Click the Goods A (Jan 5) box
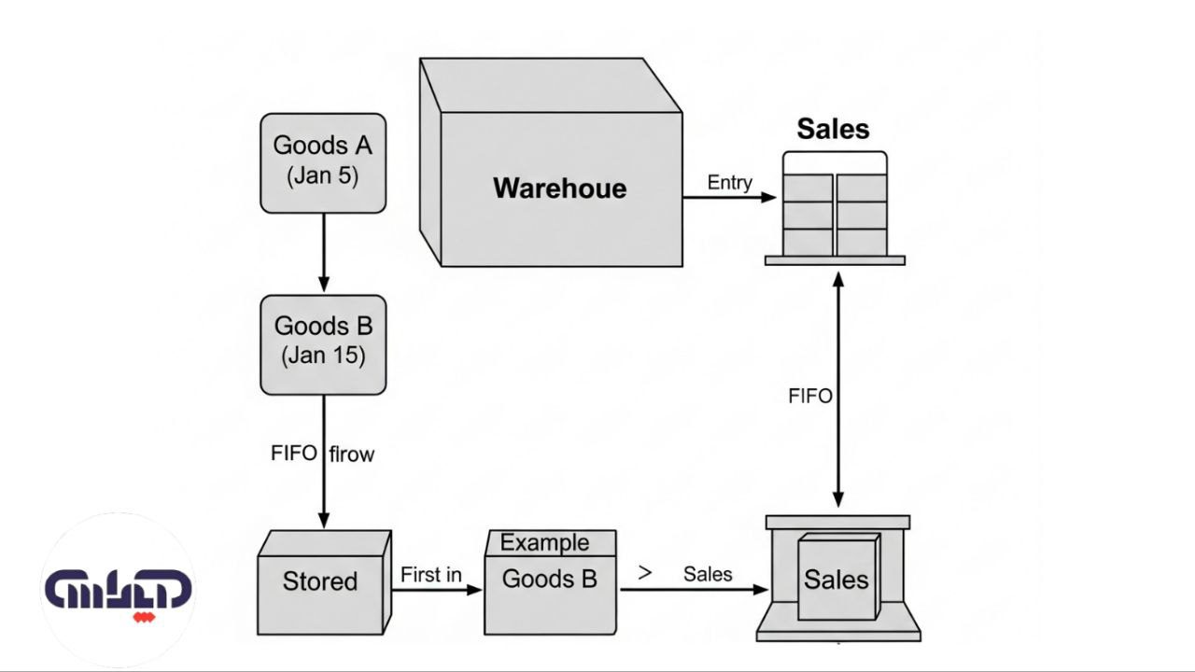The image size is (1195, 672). (x=322, y=162)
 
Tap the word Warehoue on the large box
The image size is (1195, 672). (x=559, y=189)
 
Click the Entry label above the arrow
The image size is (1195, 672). (x=729, y=182)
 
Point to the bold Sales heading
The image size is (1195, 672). (x=833, y=130)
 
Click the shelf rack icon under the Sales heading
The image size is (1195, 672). (x=834, y=211)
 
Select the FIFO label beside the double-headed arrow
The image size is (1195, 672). (x=809, y=396)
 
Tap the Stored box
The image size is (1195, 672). (x=320, y=582)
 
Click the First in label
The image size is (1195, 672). (x=430, y=575)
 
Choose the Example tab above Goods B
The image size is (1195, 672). (x=545, y=542)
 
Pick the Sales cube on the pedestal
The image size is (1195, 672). (x=837, y=579)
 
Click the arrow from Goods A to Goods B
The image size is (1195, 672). (x=323, y=252)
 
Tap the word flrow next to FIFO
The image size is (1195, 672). (x=352, y=455)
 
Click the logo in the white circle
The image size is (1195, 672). (x=118, y=591)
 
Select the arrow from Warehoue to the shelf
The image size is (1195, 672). (x=728, y=197)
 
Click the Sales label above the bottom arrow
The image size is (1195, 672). (x=708, y=574)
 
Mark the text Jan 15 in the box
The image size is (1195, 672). (x=323, y=356)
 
